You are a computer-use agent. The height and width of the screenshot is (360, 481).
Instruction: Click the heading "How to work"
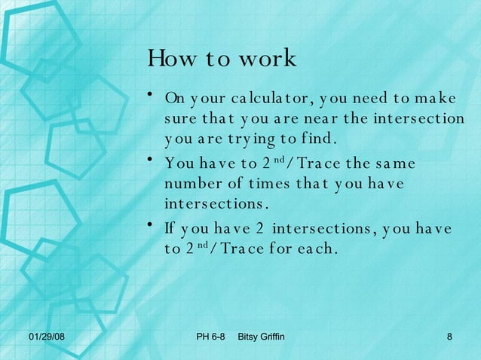(222, 59)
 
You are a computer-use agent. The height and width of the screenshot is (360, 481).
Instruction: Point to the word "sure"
(179, 119)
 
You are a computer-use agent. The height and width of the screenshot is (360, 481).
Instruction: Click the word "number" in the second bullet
(189, 185)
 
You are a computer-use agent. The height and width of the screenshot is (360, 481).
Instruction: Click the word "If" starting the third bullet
(170, 229)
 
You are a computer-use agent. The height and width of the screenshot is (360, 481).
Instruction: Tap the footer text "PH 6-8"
(210, 335)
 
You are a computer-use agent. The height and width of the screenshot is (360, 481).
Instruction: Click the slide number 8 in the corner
(449, 335)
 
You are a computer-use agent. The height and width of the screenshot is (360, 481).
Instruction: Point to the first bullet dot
(152, 94)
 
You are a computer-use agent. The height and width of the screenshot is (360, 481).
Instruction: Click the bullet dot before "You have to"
(152, 159)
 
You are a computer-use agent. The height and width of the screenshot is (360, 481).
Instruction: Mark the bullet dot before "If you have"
(152, 224)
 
